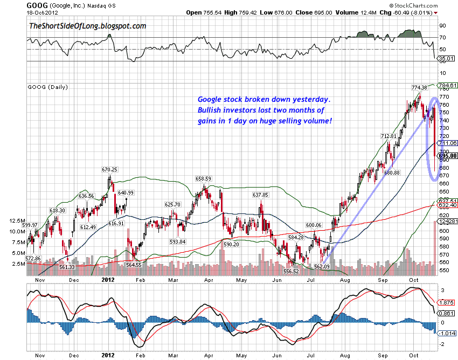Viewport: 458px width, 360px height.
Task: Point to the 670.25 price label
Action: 110,169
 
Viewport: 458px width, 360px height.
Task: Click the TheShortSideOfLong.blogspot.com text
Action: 88,25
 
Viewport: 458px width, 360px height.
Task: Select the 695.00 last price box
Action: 447,156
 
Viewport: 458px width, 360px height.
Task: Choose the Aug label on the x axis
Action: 345,281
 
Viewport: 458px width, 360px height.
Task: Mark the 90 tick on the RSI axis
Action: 442,25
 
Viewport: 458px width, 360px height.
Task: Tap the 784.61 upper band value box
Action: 448,85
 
